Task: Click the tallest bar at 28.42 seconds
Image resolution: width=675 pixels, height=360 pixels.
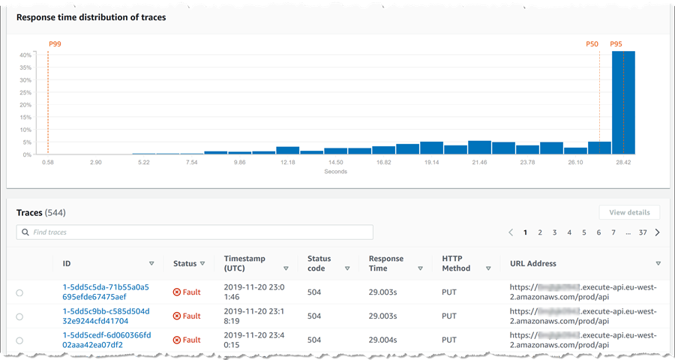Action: pos(623,103)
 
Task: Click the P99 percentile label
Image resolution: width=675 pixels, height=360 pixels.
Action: pos(55,44)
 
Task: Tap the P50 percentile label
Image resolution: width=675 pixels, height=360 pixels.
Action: pos(592,44)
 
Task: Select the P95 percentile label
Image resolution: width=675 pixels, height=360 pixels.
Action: pos(616,44)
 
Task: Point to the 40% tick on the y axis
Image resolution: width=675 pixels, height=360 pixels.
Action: pos(25,55)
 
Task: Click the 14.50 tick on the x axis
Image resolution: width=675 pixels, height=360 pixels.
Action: pos(335,162)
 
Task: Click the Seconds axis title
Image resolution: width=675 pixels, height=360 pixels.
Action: pos(335,172)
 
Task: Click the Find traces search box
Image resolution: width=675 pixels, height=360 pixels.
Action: pos(195,232)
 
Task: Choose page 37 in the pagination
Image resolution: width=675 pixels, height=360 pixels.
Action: pos(643,232)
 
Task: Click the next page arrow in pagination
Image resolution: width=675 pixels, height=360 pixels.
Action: pos(658,232)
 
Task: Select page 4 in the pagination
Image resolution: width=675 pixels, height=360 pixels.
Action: pos(569,232)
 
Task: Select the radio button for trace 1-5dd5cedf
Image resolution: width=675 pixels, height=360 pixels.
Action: pos(19,340)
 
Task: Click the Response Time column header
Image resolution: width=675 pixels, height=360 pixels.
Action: pos(386,263)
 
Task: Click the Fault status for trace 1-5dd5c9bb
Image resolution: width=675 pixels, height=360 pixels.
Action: pos(187,316)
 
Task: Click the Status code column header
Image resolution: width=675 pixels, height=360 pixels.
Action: pos(319,263)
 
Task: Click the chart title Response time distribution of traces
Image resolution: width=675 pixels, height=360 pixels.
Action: pos(91,17)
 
